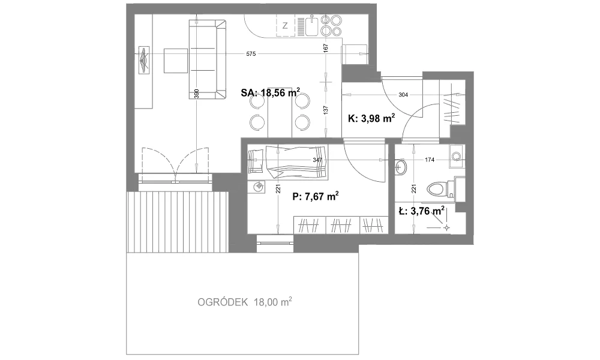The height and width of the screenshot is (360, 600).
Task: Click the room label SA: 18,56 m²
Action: click(x=271, y=92)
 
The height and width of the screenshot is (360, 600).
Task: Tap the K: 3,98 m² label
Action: click(x=371, y=119)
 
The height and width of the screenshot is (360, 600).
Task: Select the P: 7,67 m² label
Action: click(x=316, y=197)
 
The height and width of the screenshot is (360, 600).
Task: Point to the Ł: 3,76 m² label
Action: click(x=421, y=211)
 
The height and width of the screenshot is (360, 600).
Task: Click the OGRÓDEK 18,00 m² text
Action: click(x=245, y=302)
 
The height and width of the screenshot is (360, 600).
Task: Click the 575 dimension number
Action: click(x=251, y=54)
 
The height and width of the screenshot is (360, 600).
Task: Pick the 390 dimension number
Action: click(x=197, y=94)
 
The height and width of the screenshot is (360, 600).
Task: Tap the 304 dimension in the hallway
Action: click(x=403, y=95)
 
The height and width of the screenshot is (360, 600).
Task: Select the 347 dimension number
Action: click(x=317, y=160)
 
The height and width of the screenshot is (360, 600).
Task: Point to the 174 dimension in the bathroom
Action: click(x=430, y=160)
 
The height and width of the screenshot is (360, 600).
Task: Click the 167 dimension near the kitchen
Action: click(x=326, y=49)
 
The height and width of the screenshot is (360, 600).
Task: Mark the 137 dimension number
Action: click(x=326, y=110)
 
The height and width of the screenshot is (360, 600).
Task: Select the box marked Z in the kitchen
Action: click(x=285, y=26)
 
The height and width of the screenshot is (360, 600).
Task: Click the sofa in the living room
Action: click(x=208, y=59)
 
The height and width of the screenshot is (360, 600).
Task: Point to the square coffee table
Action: click(x=176, y=61)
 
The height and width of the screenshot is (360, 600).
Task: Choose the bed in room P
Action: click(x=288, y=163)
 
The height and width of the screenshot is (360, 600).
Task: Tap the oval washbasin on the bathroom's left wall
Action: click(x=401, y=166)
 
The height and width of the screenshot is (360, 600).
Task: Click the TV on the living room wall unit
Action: click(x=144, y=60)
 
